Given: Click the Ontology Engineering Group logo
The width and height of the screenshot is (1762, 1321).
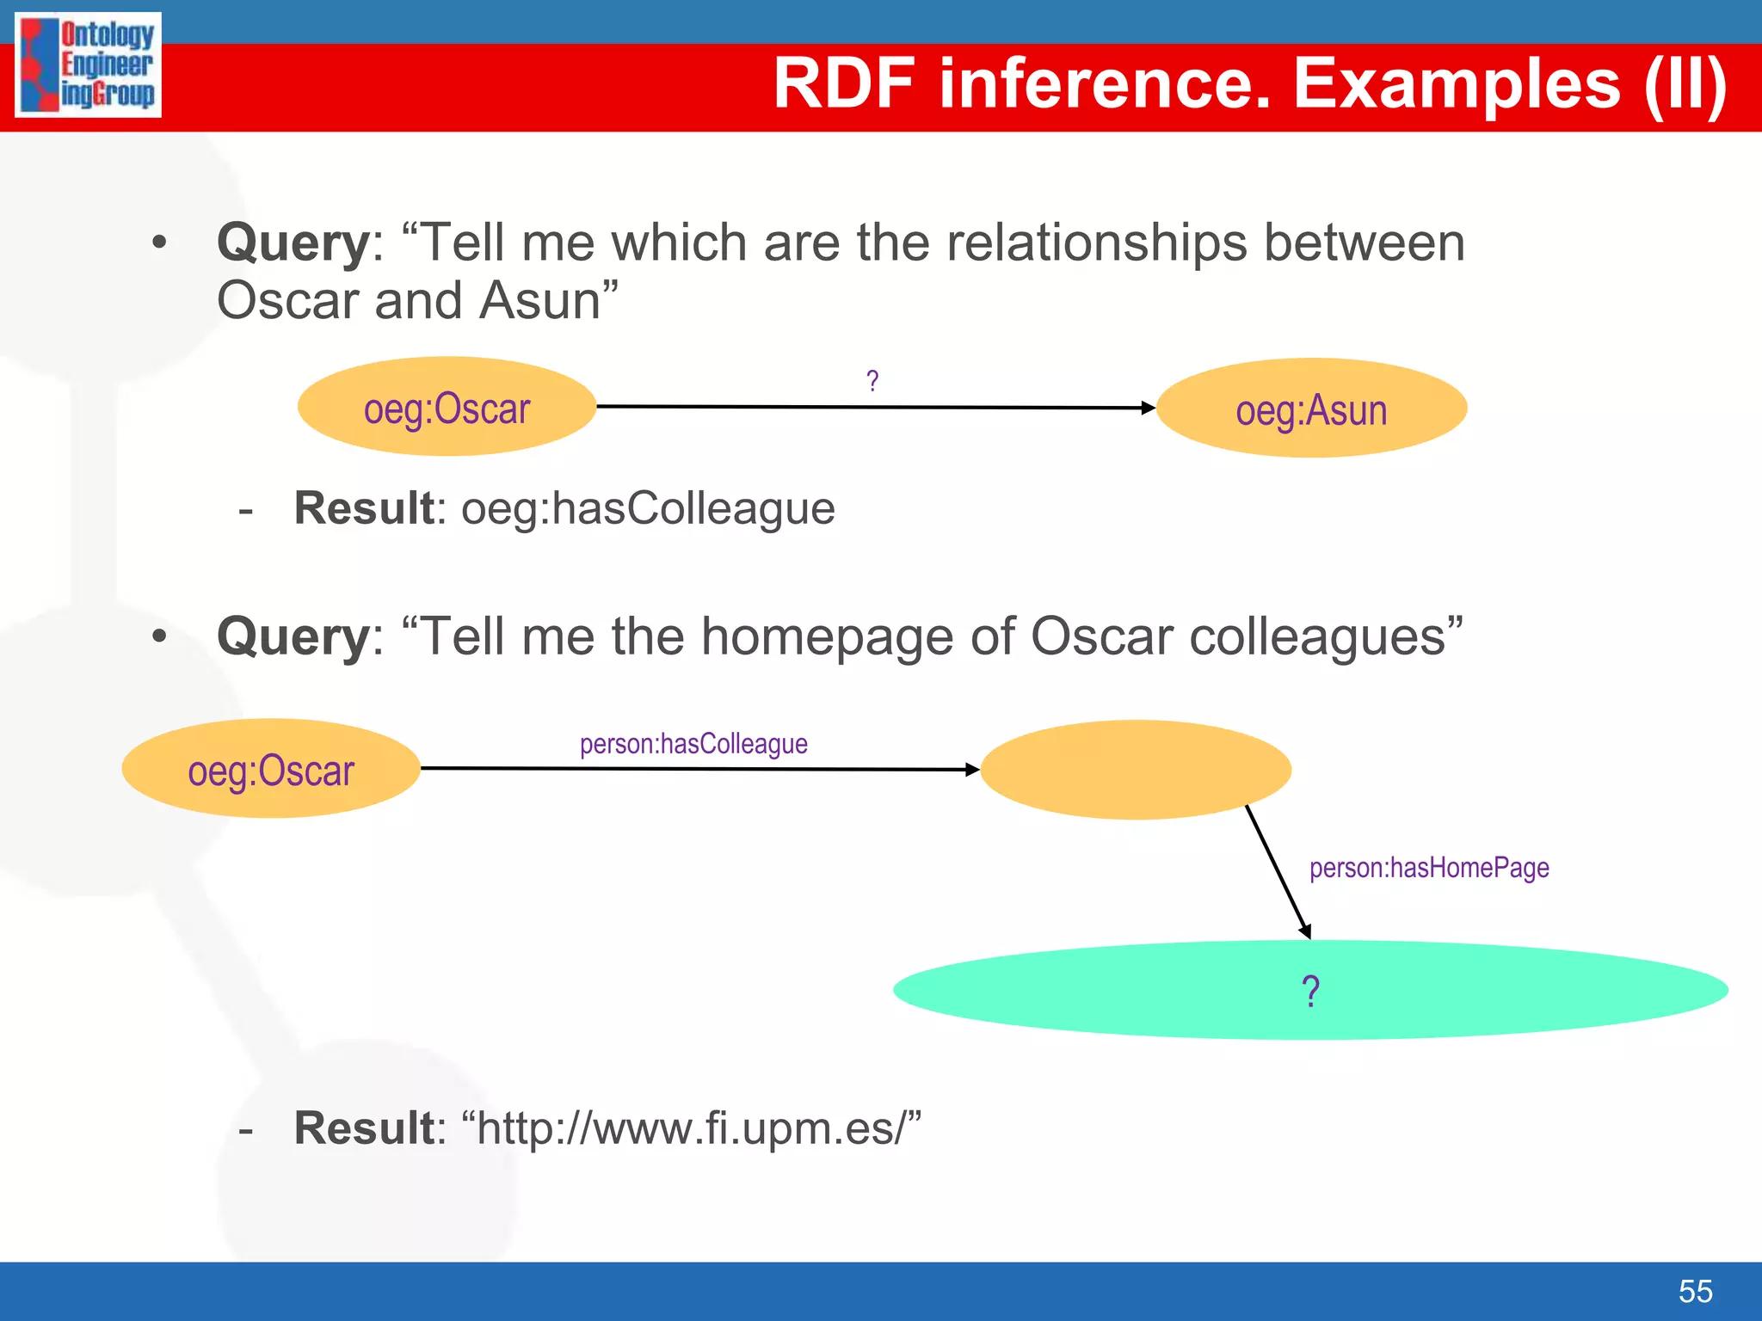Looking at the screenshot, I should pos(89,65).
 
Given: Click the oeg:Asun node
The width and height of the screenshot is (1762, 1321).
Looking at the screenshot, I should pos(1311,409).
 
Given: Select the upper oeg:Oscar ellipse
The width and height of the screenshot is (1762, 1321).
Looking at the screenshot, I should pos(447,407).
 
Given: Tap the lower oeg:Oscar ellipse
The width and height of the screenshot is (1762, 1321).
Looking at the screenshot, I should pos(271,769).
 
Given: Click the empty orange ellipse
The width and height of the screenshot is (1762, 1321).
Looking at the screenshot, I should pos(1136,769).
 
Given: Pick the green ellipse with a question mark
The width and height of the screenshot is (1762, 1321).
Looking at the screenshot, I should pos(1310,990).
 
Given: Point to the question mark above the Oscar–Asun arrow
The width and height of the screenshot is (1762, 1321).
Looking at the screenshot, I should pos(872,380).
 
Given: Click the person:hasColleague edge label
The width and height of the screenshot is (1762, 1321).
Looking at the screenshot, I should pos(693,744).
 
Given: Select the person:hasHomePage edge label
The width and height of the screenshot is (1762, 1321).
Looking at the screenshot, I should pos(1429,868).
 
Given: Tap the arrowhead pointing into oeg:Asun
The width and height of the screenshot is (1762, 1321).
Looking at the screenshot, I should pos(1149,408).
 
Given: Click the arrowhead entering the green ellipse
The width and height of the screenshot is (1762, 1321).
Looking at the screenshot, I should pos(1305,931).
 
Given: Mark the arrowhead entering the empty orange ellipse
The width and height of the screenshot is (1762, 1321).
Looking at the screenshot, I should pos(973,770).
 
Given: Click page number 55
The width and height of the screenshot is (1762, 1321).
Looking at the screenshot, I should pos(1695,1291).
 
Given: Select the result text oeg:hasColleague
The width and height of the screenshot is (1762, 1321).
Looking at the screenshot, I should pos(648,508).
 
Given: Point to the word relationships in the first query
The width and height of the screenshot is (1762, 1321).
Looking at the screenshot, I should pos(1097,243).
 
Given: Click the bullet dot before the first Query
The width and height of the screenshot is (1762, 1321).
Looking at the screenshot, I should pos(159,243).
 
